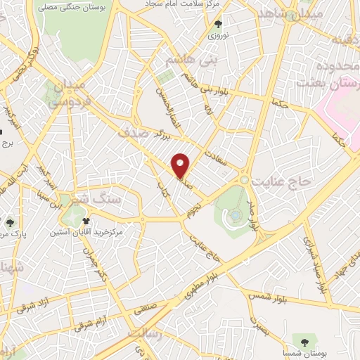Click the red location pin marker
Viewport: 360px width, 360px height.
181,165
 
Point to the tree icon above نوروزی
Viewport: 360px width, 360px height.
214,24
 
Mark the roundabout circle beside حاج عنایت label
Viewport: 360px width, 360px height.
244,181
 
